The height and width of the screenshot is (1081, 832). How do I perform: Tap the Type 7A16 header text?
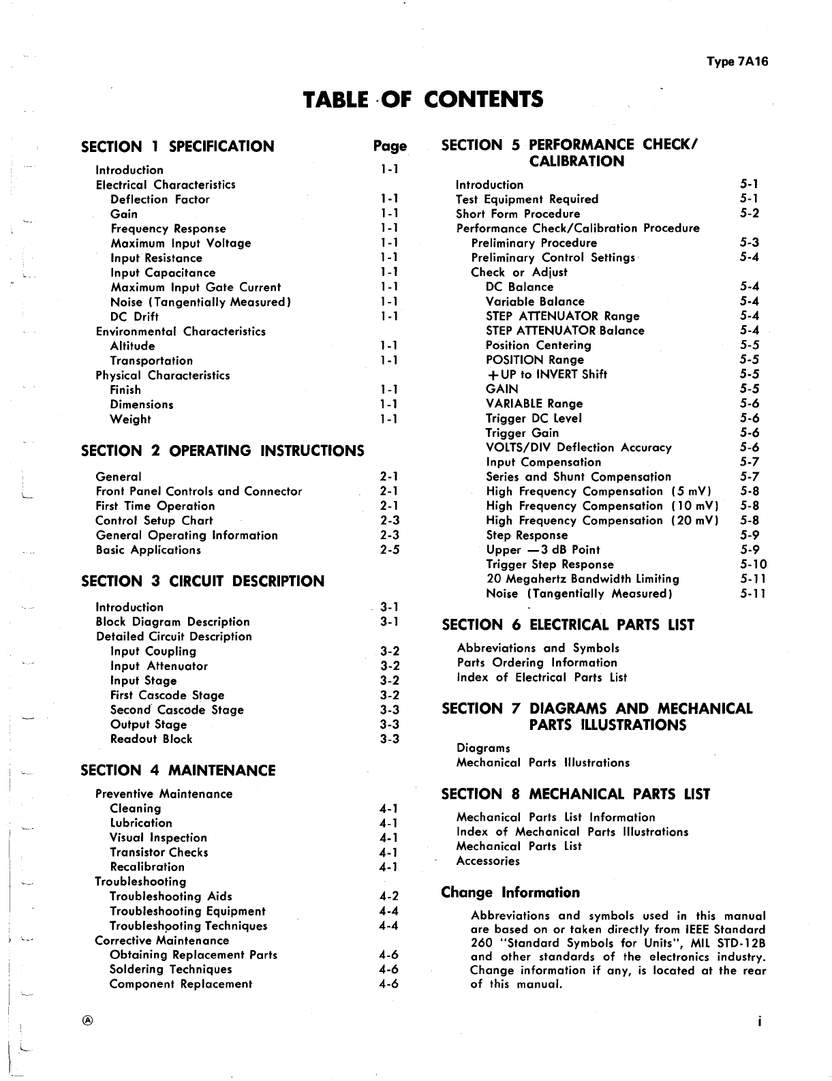point(737,61)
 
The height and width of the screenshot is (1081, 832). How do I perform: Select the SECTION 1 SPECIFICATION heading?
point(177,147)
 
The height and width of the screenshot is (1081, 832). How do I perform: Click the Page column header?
point(390,146)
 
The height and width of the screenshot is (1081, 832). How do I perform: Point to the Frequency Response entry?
point(168,229)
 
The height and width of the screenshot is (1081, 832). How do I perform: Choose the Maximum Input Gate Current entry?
point(196,288)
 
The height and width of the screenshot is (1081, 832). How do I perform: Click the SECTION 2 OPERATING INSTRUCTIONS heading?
point(222,451)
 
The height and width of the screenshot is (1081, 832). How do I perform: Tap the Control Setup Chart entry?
point(154,521)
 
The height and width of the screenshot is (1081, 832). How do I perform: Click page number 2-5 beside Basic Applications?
point(389,550)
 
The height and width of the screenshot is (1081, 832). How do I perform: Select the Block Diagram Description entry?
point(172,622)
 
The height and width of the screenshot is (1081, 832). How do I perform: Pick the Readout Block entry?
point(151,739)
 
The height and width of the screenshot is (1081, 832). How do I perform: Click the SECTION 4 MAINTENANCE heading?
point(178,770)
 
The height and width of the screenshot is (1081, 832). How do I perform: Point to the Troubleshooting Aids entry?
point(171,896)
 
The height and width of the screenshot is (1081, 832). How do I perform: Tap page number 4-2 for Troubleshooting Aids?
point(388,896)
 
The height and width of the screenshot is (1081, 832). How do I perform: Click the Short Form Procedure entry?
point(518,214)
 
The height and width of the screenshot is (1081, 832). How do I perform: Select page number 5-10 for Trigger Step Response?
point(753,564)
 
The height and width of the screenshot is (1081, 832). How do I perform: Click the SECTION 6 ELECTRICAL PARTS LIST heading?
point(568,625)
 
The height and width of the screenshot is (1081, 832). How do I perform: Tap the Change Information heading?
point(510,892)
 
